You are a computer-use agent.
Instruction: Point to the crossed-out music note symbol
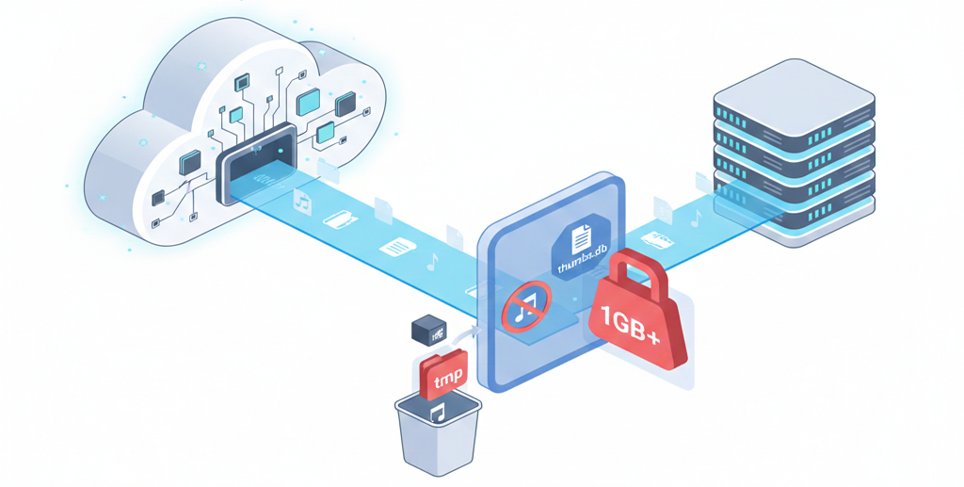tap(525, 307)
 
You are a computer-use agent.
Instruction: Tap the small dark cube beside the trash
tap(430, 330)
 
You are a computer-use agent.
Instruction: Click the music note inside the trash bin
tap(437, 412)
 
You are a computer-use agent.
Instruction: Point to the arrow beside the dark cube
tap(464, 331)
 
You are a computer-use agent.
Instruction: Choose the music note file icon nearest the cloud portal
tap(303, 200)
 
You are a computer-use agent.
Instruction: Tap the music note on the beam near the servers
tap(697, 218)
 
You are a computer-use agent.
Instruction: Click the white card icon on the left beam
tap(340, 220)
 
